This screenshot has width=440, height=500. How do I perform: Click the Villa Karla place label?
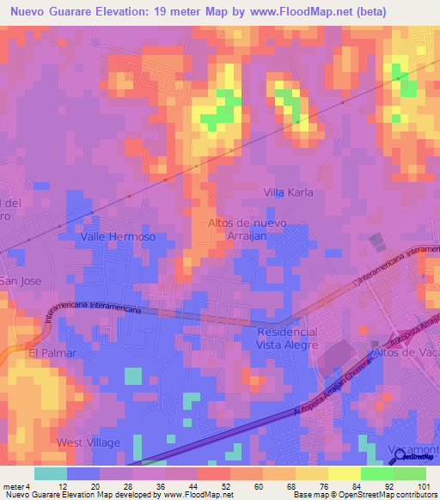pyautogui.click(x=288, y=192)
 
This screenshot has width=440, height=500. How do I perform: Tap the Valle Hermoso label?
pyautogui.click(x=118, y=236)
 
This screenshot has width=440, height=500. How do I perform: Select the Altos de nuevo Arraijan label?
pyautogui.click(x=247, y=229)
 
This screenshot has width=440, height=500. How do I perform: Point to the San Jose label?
pyautogui.click(x=19, y=281)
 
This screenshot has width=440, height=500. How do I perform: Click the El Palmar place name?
pyautogui.click(x=52, y=352)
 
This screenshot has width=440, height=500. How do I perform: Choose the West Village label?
pyautogui.click(x=89, y=442)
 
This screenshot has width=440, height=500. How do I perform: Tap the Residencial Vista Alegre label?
pyautogui.click(x=287, y=338)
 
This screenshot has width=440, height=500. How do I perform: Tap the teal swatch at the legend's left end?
pyautogui.click(x=50, y=473)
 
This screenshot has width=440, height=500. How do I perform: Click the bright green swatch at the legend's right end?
pyautogui.click(x=409, y=473)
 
